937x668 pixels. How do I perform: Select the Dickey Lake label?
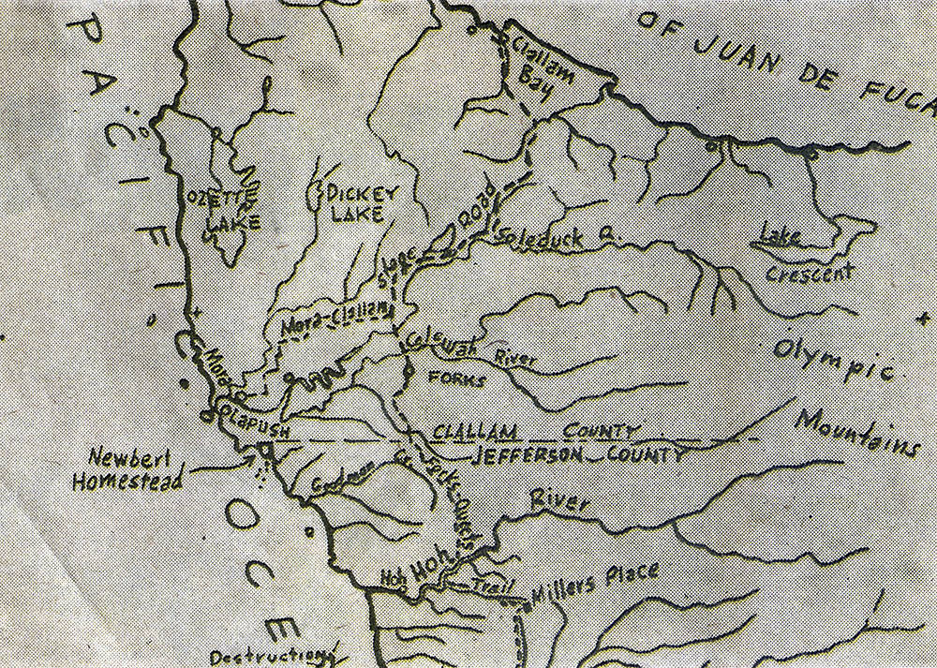(x=362, y=203)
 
